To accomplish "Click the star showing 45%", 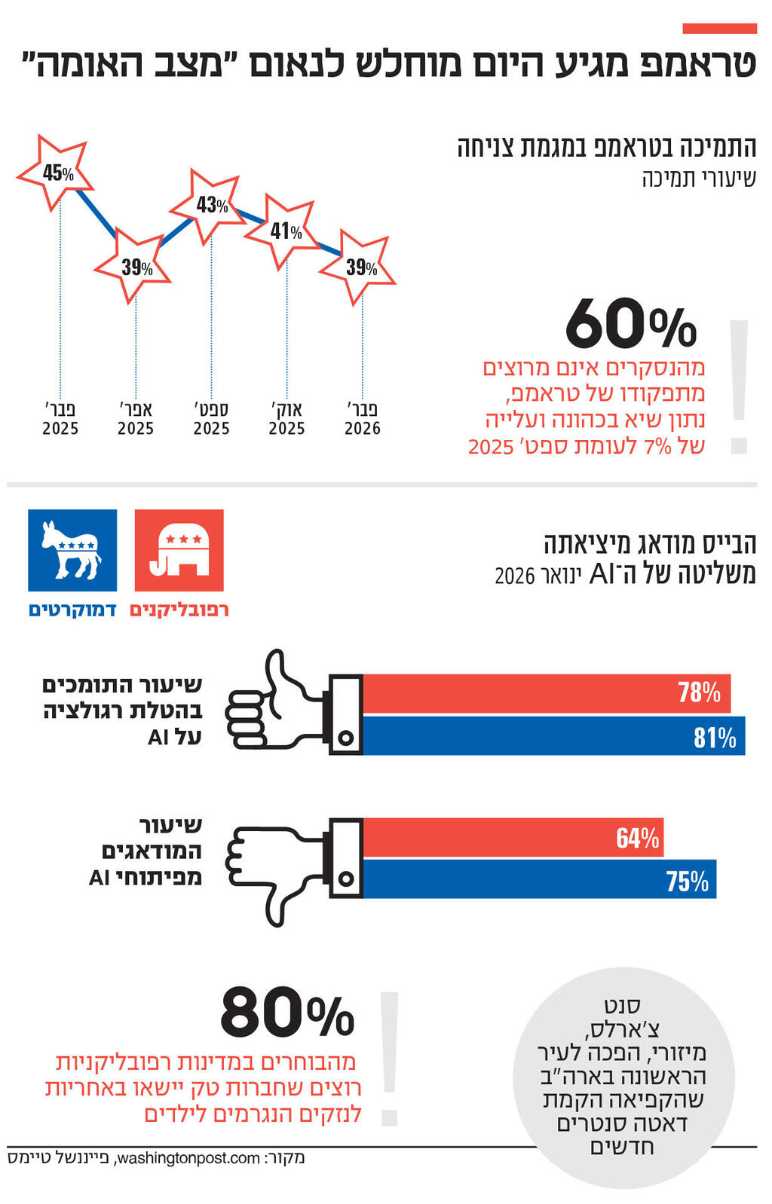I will pos(56,173).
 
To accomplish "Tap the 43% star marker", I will pos(209,204).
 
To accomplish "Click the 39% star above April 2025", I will pos(135,267).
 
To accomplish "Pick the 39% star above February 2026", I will pos(360,267).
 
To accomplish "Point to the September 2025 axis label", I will pos(211,419).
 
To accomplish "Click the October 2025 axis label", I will pos(286,419).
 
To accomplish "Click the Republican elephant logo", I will pos(179,550).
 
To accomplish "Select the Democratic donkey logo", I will pos(72,550).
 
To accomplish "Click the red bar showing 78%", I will pos(547,693).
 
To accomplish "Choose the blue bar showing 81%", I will pos(554,736).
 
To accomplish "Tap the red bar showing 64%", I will pos(513,837).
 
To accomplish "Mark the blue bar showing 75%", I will pos(539,879).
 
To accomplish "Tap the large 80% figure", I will pos(287,1014).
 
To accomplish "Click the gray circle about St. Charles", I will pos(623,1077).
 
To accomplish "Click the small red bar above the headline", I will pos(719,29).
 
